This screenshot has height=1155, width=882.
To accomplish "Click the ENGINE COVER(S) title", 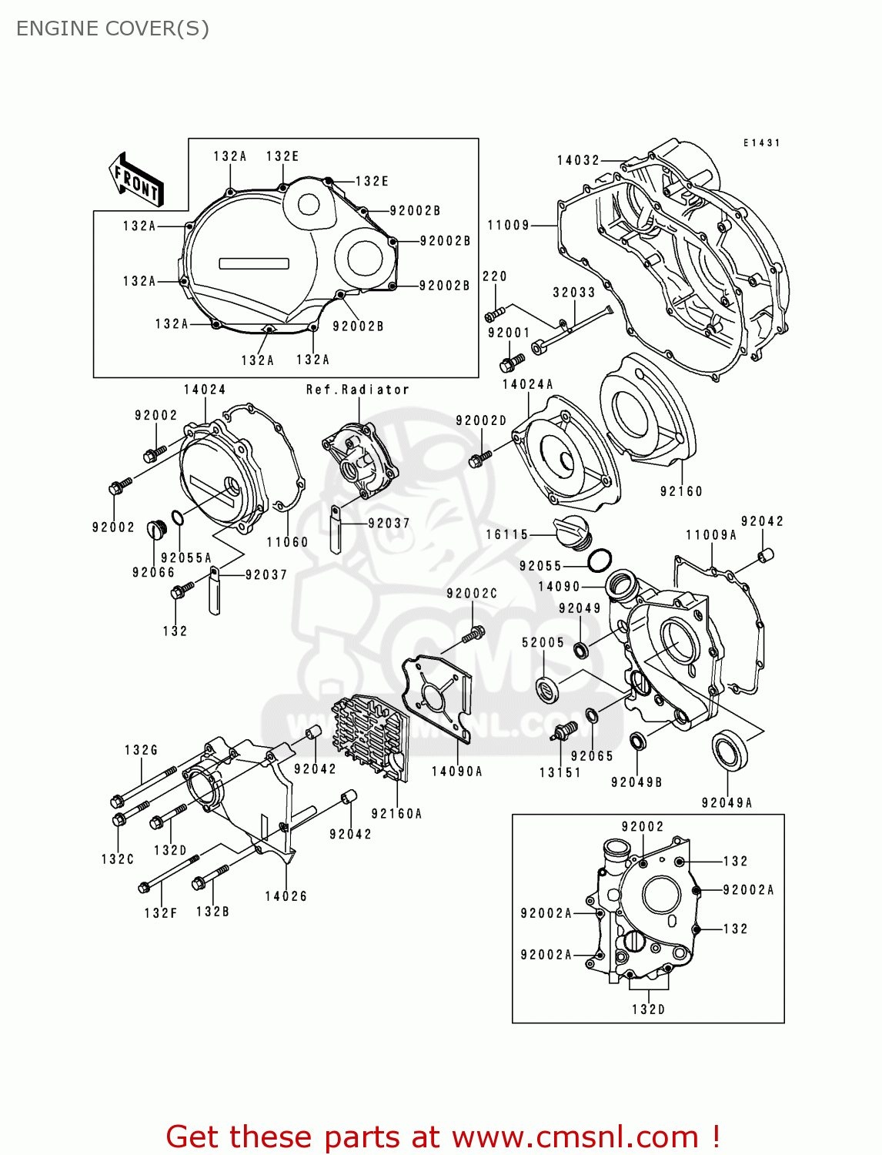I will (x=112, y=28).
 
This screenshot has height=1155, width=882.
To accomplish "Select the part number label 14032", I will (x=578, y=160).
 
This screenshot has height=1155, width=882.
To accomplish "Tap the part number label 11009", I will (x=509, y=225).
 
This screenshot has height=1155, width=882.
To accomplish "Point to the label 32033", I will (x=573, y=293).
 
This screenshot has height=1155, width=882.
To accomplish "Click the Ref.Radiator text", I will (x=358, y=390).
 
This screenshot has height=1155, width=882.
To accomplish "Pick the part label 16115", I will (x=506, y=534).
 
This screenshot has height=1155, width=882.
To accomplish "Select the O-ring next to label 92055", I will (x=600, y=561).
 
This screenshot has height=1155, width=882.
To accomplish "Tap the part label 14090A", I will (x=456, y=772).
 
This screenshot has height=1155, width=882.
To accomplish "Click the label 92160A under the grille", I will (x=396, y=814).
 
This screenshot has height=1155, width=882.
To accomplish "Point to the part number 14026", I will (x=286, y=896).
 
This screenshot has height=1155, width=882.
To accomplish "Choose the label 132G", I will (x=141, y=750).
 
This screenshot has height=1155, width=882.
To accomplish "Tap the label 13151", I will (x=560, y=772).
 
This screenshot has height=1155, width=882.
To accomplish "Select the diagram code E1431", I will (x=761, y=143).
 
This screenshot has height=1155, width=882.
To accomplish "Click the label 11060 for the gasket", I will (x=287, y=542).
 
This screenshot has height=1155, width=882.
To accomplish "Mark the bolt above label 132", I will (x=182, y=591).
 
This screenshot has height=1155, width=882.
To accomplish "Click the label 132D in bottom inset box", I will (x=648, y=1009).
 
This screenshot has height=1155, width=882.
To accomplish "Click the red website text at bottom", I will (x=443, y=1137).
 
